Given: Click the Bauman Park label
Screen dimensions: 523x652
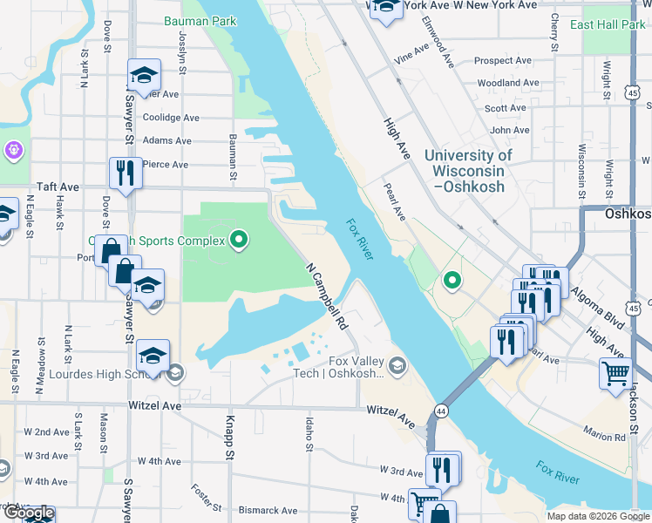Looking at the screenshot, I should pyautogui.click(x=200, y=19).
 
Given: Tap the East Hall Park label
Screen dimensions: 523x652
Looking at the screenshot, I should pyautogui.click(x=608, y=24).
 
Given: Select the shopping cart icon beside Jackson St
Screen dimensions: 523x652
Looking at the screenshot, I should pyautogui.click(x=615, y=373).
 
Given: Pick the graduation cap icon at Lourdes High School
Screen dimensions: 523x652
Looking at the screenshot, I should pyautogui.click(x=153, y=355).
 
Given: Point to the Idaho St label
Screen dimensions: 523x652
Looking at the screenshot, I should pyautogui.click(x=309, y=434).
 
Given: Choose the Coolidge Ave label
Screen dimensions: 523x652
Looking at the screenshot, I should pyautogui.click(x=171, y=118).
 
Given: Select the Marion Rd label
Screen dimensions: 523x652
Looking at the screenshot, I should pyautogui.click(x=605, y=436).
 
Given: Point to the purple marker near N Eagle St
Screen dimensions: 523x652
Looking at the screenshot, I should pyautogui.click(x=12, y=150).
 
